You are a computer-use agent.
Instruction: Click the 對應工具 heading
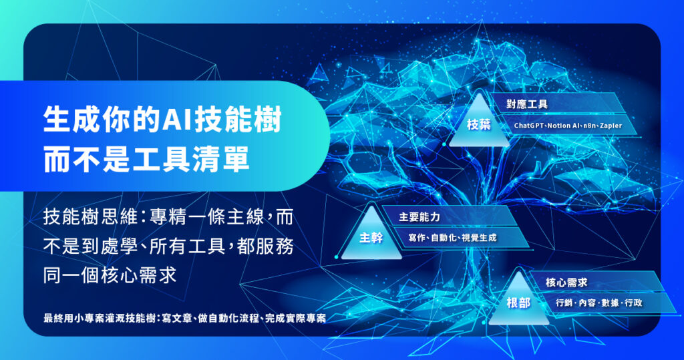pos(528,104)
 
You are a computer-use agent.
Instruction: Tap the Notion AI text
pos(566,126)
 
